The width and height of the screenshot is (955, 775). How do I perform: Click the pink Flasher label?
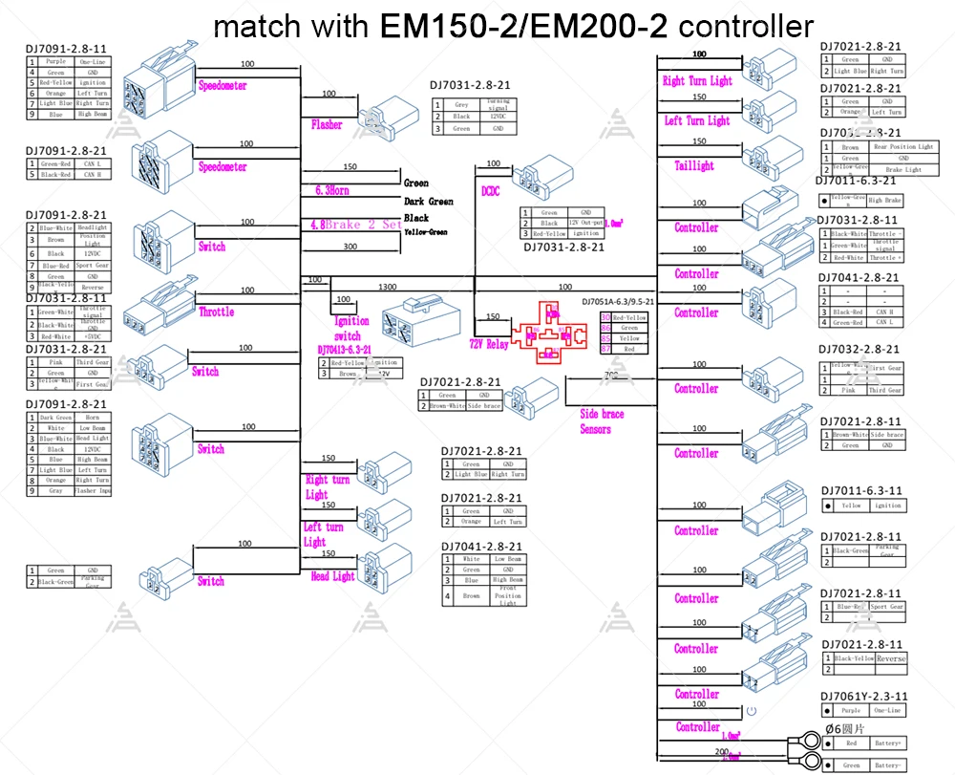pos(327,125)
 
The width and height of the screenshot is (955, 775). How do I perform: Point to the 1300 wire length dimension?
pos(388,287)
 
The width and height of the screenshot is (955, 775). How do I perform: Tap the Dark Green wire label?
pos(429,202)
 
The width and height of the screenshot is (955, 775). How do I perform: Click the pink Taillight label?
pos(694,165)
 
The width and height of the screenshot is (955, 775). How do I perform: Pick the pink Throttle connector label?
pos(216,312)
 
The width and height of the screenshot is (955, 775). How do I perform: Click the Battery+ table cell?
pos(889,743)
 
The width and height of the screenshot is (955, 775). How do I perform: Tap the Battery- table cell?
pos(889,765)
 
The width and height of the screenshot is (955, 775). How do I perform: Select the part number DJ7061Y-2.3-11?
pos(864,697)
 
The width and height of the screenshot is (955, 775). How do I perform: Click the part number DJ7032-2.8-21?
pos(859,350)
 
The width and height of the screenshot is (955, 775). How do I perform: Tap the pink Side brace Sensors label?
pos(602,421)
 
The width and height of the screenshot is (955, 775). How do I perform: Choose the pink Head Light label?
pos(332,576)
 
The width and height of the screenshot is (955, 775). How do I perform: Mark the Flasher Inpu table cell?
pos(93,491)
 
